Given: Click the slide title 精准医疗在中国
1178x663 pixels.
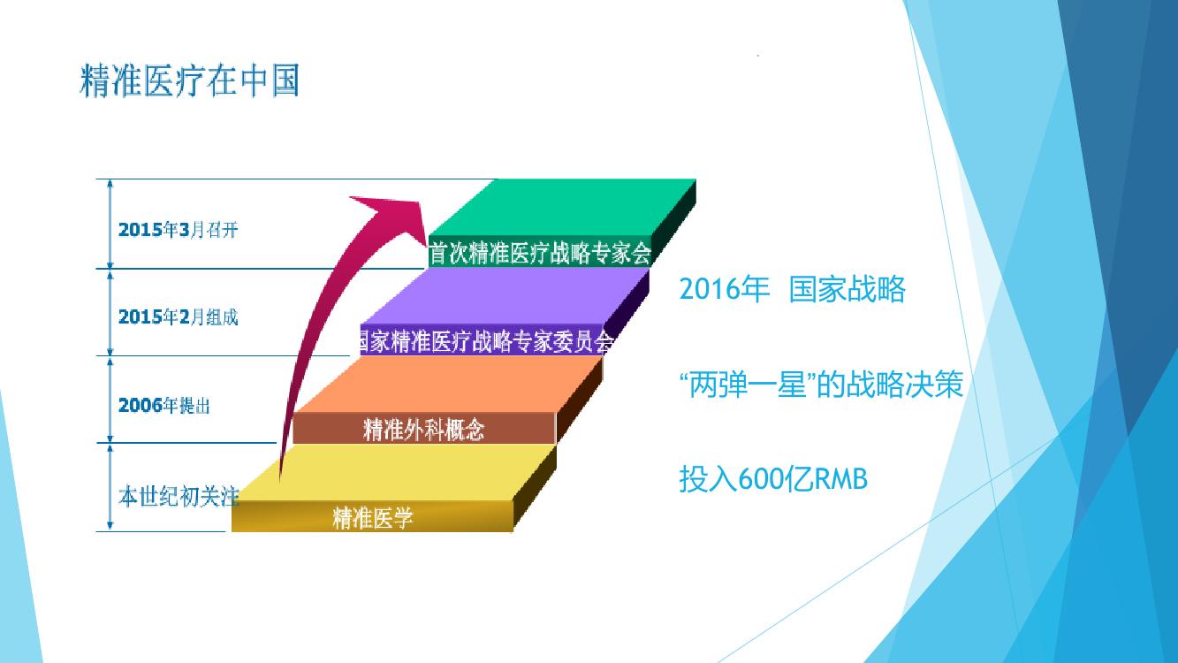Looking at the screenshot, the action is (190, 80).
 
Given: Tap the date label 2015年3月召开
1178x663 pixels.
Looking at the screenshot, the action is (179, 230).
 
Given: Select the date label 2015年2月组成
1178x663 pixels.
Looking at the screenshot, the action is (179, 317).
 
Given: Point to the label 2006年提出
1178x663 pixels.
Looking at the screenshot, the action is (164, 405).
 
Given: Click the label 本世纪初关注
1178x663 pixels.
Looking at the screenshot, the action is (179, 496).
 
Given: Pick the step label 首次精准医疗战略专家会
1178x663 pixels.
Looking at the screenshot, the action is (540, 253).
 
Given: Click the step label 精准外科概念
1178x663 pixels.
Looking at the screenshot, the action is (423, 430).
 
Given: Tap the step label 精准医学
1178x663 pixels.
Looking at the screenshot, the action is (373, 518).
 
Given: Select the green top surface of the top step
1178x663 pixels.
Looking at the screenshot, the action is (563, 208).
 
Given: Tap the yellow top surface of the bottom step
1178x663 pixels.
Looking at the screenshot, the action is (394, 472).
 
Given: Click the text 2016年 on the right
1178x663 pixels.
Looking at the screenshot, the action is (724, 289).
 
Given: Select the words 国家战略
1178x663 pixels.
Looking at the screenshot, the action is (847, 289).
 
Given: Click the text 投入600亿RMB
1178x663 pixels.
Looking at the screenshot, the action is (773, 479).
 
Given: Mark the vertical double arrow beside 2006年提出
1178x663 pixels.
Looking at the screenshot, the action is (110, 400).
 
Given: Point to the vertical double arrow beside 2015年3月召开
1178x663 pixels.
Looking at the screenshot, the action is (110, 225).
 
